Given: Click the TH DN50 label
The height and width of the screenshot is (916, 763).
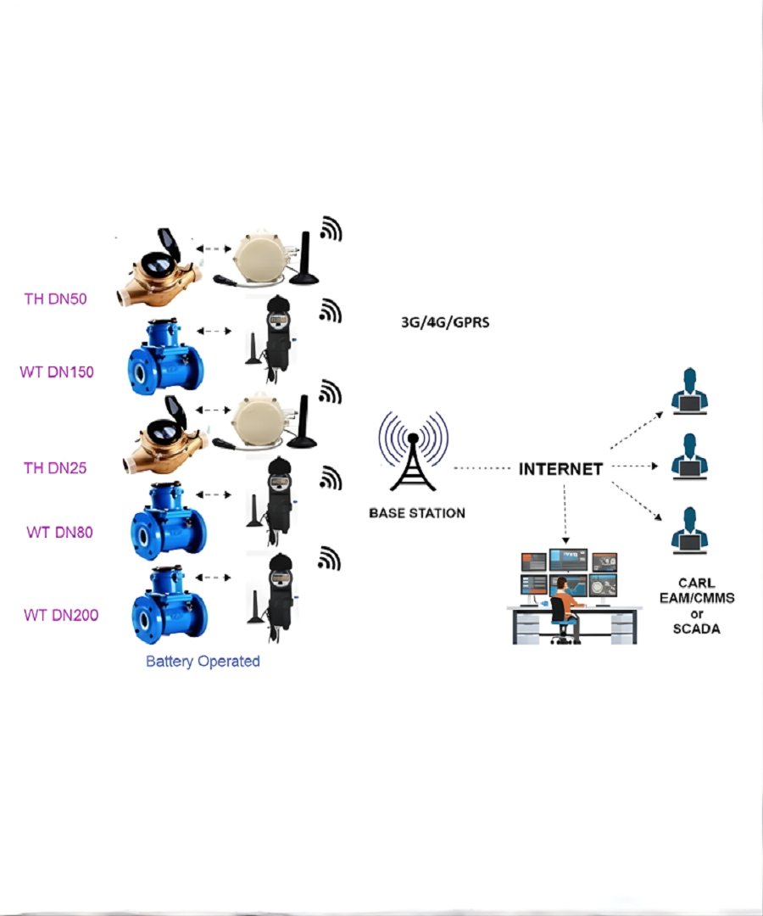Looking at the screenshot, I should click(54, 299).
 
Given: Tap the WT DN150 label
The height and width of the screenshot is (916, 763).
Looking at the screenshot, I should click(57, 371).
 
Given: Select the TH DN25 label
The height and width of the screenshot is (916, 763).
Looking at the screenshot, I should click(54, 467).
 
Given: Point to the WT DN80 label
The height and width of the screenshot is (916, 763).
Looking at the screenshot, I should click(59, 533).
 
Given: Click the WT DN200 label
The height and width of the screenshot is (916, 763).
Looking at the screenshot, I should click(60, 615).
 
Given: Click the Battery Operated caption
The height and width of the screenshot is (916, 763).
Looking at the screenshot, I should click(203, 662).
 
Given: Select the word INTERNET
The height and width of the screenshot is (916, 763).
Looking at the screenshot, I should click(560, 469).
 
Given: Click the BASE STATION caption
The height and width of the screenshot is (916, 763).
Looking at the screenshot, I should click(417, 513).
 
